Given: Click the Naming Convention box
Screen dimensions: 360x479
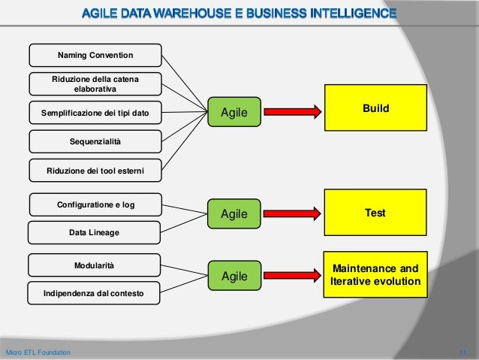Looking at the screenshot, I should pyautogui.click(x=95, y=55).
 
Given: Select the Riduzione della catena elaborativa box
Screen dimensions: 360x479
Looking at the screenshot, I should pyautogui.click(x=95, y=84).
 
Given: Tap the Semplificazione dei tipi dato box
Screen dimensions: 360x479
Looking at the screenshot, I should pyautogui.click(x=95, y=113).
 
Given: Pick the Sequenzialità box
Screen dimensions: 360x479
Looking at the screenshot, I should pyautogui.click(x=95, y=141).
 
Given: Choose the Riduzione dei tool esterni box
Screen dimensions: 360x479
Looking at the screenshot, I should pyautogui.click(x=95, y=170).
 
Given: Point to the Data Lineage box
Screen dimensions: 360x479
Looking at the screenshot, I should pyautogui.click(x=95, y=233).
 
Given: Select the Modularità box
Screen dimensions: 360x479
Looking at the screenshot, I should pyautogui.click(x=95, y=265).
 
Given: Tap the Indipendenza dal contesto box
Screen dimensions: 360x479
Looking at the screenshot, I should pyautogui.click(x=95, y=293).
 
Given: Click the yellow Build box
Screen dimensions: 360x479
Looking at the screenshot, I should pyautogui.click(x=375, y=110).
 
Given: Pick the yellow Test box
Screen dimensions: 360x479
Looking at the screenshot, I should pyautogui.click(x=375, y=214).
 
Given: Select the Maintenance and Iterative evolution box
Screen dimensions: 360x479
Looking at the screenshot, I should pyautogui.click(x=375, y=275).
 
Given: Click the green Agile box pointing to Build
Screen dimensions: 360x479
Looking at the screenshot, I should pyautogui.click(x=233, y=113).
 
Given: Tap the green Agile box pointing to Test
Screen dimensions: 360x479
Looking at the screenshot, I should pyautogui.click(x=233, y=215).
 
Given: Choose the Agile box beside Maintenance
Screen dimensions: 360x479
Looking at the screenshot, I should pyautogui.click(x=233, y=277).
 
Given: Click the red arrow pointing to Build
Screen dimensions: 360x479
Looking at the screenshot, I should pyautogui.click(x=293, y=113).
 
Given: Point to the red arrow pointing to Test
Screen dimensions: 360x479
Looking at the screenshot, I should pyautogui.click(x=293, y=215).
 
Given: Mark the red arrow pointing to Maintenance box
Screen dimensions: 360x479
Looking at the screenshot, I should pyautogui.click(x=293, y=277).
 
